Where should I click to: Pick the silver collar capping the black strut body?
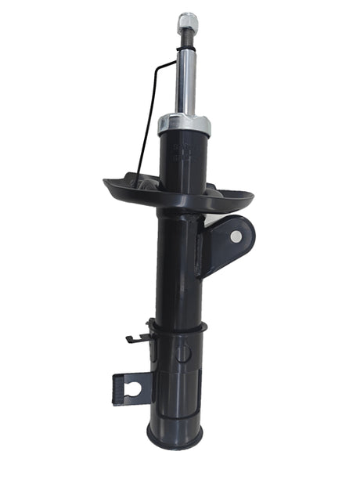tap(184, 125)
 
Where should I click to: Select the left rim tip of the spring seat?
tap(106, 183)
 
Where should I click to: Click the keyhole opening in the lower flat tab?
tap(134, 388)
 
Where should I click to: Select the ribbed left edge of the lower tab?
tap(116, 388)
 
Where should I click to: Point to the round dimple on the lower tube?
tap(182, 352)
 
